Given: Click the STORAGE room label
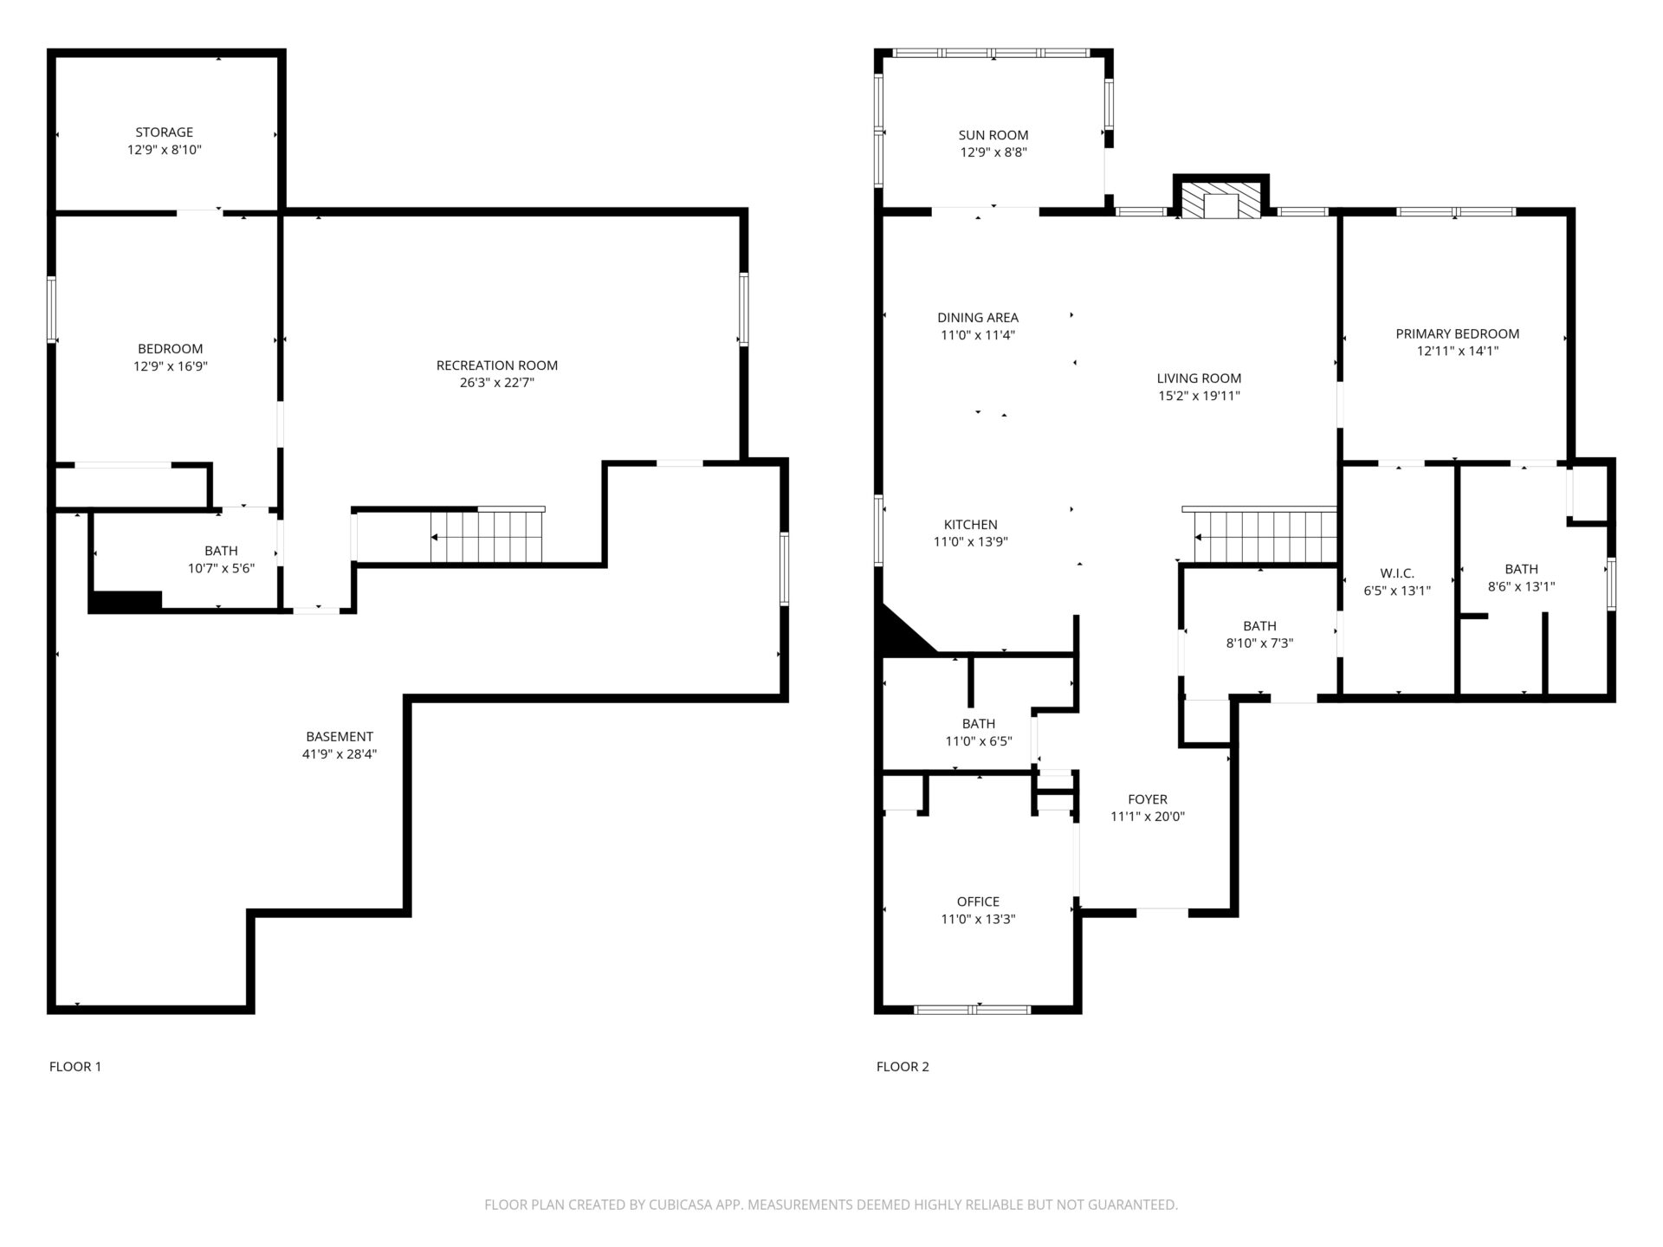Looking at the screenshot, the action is click(x=165, y=132).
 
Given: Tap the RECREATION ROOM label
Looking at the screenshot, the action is click(x=497, y=365).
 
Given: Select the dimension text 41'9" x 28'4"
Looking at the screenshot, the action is click(x=340, y=754).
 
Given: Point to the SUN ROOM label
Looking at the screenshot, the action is click(x=993, y=135).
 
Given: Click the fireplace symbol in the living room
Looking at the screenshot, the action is click(x=1221, y=199).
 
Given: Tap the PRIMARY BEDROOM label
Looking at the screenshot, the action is click(x=1458, y=334).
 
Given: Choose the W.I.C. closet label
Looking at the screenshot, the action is click(x=1397, y=574).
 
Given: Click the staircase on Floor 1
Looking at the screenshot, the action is click(x=488, y=536).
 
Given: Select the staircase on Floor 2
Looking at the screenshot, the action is click(x=1265, y=536).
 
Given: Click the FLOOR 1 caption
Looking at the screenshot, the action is click(x=75, y=1067).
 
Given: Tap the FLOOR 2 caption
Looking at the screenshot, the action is click(x=903, y=1067).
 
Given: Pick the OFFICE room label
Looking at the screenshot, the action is click(x=979, y=902).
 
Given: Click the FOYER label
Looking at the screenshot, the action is click(x=1148, y=800).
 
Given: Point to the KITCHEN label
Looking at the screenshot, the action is click(x=971, y=525).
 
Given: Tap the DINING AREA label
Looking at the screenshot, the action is click(x=978, y=318).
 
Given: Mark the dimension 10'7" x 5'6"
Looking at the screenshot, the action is click(x=222, y=569).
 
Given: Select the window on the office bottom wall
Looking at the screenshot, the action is click(x=973, y=1009).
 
